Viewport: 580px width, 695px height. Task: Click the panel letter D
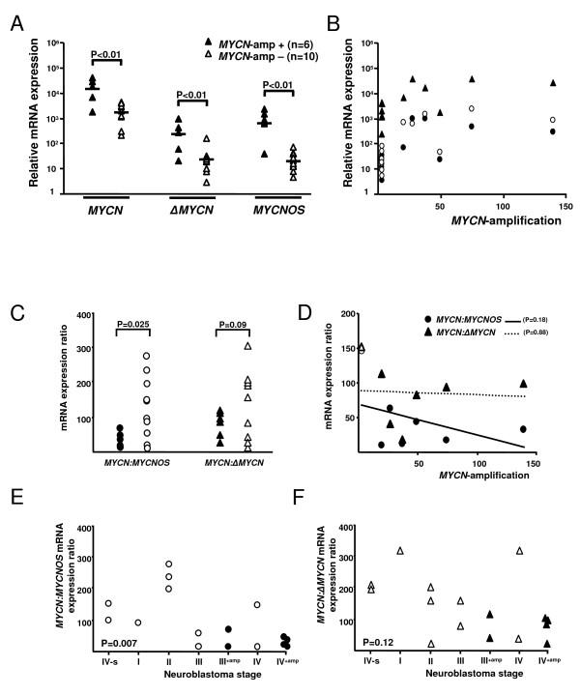point(306,314)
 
